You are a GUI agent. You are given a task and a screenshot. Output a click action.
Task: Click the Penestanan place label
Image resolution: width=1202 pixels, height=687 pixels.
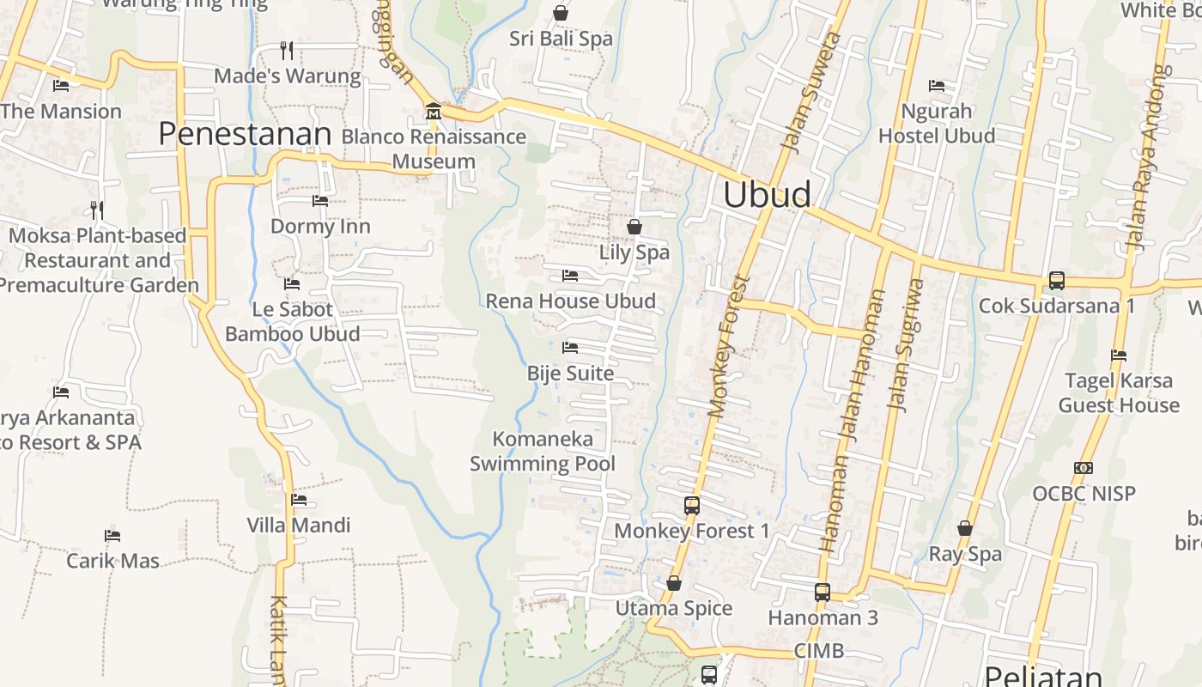coord(245,134)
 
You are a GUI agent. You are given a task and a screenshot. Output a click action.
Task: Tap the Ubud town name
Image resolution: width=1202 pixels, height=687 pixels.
coord(767,195)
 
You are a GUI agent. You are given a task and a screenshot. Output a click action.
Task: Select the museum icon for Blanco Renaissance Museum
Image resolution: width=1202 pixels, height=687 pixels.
coord(434,112)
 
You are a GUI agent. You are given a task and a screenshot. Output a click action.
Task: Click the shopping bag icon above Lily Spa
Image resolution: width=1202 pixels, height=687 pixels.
coord(634,227)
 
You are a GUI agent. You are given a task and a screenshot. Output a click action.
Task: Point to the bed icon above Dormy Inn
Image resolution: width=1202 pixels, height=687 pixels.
coord(320,201)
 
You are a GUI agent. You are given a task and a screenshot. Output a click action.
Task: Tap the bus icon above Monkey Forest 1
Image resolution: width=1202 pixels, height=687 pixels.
coord(692,506)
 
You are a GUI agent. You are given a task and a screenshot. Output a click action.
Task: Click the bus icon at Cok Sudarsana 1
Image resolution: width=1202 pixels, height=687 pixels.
coord(1057,281)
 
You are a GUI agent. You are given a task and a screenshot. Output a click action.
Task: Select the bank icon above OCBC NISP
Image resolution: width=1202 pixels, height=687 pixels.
coord(1084,468)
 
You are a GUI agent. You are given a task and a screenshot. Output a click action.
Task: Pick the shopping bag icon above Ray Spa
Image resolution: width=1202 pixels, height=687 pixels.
coord(965,528)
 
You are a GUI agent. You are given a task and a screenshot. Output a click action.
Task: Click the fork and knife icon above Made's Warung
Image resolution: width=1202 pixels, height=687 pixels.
coord(287,50)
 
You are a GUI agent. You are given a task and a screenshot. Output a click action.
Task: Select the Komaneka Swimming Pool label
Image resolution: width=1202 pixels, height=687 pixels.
coord(543,452)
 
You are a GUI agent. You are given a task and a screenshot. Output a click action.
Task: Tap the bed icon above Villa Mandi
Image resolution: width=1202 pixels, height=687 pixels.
coord(299,500)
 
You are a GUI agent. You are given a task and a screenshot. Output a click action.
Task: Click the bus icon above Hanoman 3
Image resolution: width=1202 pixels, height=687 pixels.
coord(823,592)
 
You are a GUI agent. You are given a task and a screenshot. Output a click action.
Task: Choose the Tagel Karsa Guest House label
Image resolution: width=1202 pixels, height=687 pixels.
coord(1119,392)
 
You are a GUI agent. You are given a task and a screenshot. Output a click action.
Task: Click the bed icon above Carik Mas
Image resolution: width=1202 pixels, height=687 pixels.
coord(112,536)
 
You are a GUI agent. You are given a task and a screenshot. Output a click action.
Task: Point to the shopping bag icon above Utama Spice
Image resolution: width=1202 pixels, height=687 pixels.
coord(674,584)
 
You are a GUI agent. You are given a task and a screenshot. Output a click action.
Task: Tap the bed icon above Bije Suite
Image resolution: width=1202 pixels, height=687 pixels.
coord(570,348)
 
